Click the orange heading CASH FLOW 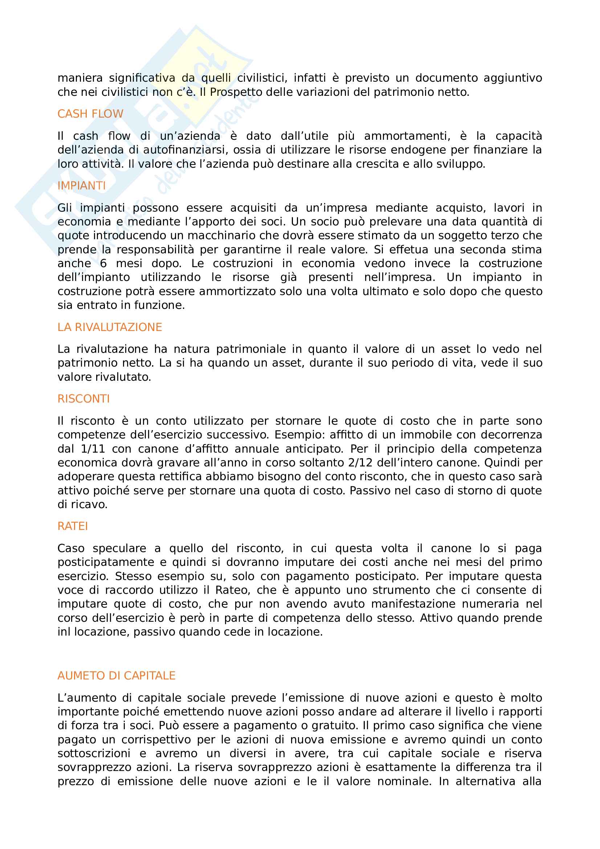(90, 114)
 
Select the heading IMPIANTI (81, 185)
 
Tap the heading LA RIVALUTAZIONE (109, 327)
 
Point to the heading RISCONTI (83, 399)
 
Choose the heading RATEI (73, 526)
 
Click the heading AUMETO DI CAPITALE (116, 675)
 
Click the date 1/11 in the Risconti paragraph (93, 449)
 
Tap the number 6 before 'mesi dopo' (103, 264)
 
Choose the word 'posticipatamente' (106, 562)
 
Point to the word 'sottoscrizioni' (94, 754)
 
